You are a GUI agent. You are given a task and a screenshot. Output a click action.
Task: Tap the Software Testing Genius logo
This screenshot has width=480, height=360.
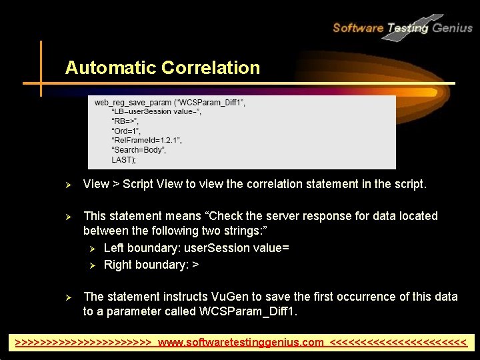[402, 28]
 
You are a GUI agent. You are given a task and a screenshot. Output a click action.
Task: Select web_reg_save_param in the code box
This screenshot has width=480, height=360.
[132, 103]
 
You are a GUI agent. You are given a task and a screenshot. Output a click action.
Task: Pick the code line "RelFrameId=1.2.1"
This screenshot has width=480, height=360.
[147, 141]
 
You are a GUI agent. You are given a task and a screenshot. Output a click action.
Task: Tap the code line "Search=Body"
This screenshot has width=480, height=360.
[139, 151]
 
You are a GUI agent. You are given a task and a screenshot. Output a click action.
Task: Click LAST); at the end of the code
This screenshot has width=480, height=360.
[123, 160]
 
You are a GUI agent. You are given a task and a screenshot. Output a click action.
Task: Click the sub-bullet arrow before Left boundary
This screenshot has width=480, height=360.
[93, 249]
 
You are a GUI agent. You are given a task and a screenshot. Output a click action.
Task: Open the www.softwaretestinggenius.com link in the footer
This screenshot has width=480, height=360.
[241, 343]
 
